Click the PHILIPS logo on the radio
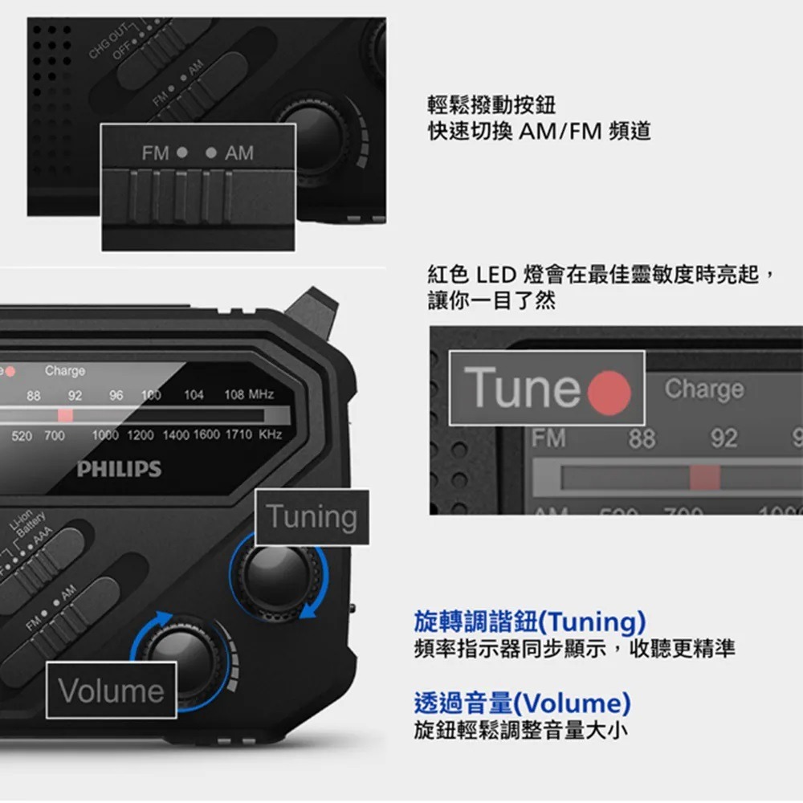(x=119, y=469)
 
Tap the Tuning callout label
(x=312, y=517)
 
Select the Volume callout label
(x=111, y=691)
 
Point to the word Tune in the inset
(x=522, y=389)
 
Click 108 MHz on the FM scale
(x=249, y=395)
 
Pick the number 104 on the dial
(x=194, y=395)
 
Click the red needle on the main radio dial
(x=65, y=414)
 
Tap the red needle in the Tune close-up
(x=705, y=478)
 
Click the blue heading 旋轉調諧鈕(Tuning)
(x=530, y=622)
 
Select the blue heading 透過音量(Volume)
(x=522, y=703)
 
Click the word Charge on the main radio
(x=65, y=371)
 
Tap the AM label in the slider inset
(x=238, y=153)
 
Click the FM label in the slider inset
(x=156, y=153)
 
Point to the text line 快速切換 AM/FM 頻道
(x=539, y=131)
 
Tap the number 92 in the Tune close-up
(x=724, y=438)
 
